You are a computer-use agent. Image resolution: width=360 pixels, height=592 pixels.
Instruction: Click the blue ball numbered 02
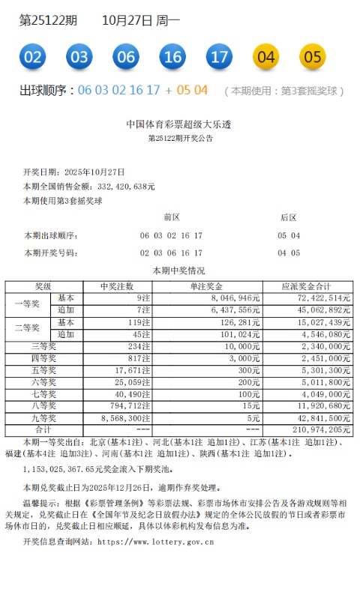pyautogui.click(x=34, y=56)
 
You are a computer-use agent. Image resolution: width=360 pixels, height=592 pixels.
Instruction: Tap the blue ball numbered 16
pyautogui.click(x=172, y=56)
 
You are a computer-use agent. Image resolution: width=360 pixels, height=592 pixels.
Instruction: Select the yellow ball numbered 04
pyautogui.click(x=266, y=56)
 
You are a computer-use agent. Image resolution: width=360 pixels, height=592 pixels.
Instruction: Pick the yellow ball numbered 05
pyautogui.click(x=313, y=56)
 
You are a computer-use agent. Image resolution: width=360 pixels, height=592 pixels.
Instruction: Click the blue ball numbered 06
pyautogui.click(x=126, y=56)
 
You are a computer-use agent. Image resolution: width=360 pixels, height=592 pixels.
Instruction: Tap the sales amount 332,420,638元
pyautogui.click(x=125, y=186)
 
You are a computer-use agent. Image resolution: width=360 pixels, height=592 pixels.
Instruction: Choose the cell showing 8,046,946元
pyautogui.click(x=235, y=297)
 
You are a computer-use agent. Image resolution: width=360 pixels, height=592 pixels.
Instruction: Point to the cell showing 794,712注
pyautogui.click(x=130, y=405)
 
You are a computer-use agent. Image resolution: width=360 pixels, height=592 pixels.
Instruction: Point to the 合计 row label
pyautogui.click(x=43, y=429)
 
